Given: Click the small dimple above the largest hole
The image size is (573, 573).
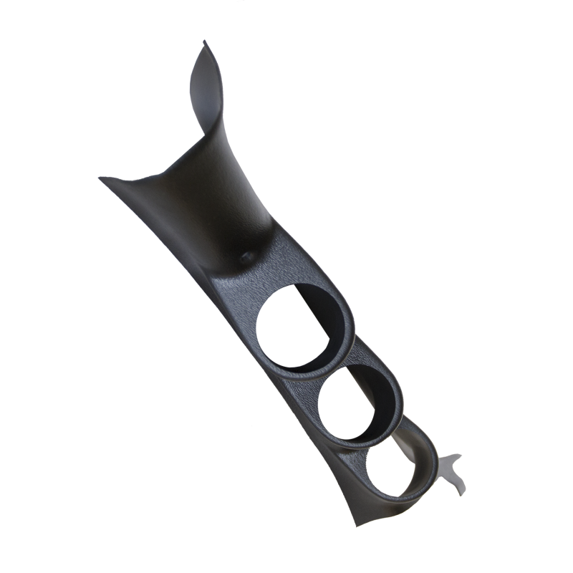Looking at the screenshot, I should [x=248, y=255].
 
